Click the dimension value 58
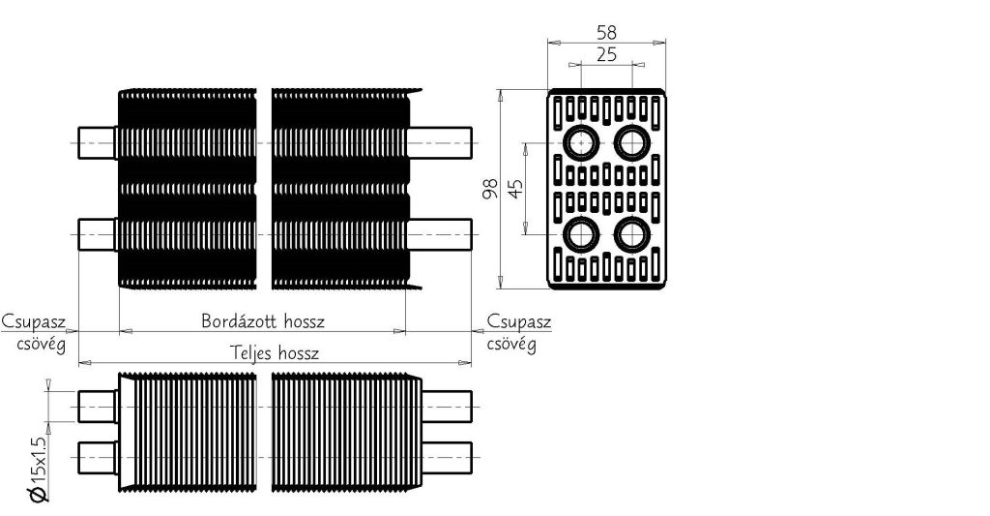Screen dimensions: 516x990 pos(606,32)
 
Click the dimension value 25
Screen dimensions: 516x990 pos(606,54)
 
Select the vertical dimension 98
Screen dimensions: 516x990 pos(490,188)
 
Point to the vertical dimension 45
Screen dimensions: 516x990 pos(516,188)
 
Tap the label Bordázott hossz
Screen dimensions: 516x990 pos(262,319)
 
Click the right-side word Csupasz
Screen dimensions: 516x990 pos(519,320)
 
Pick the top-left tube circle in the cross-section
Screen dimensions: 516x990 pos(580,142)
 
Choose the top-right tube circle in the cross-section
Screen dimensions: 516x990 pos(632,142)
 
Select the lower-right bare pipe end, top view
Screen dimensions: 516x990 pos(440,233)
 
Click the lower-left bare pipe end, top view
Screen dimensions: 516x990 pos(97,233)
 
